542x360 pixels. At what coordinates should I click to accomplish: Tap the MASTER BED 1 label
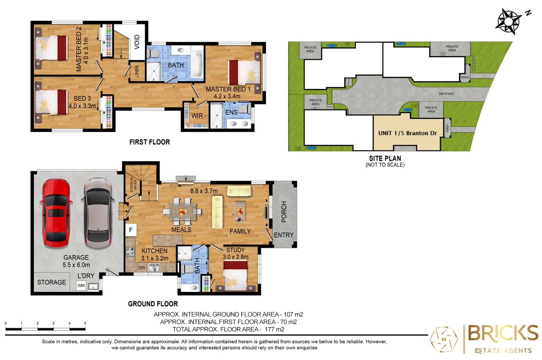tap(228, 89)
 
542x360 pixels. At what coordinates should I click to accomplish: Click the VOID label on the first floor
tap(137, 42)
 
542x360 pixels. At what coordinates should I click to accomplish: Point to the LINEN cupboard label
tap(137, 71)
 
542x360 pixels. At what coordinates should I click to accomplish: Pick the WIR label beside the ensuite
tap(197, 116)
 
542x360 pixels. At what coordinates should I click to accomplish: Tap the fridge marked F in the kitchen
tap(131, 230)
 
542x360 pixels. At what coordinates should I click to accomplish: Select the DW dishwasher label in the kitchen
tap(142, 267)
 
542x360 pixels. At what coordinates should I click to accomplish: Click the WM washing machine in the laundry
tap(81, 286)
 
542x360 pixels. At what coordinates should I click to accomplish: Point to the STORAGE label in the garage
tap(51, 283)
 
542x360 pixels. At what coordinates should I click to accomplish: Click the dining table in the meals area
tap(182, 211)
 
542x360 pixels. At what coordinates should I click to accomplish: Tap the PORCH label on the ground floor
tap(284, 212)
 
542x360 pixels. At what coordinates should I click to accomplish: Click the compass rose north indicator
tap(509, 21)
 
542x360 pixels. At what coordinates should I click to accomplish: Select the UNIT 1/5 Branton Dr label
tap(407, 133)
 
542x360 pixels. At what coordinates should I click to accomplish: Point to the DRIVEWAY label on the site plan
tap(446, 94)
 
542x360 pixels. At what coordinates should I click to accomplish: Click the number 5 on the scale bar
tap(85, 323)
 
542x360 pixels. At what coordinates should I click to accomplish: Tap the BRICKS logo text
tap(503, 333)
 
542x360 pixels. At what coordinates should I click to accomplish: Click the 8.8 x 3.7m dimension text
tap(204, 191)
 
